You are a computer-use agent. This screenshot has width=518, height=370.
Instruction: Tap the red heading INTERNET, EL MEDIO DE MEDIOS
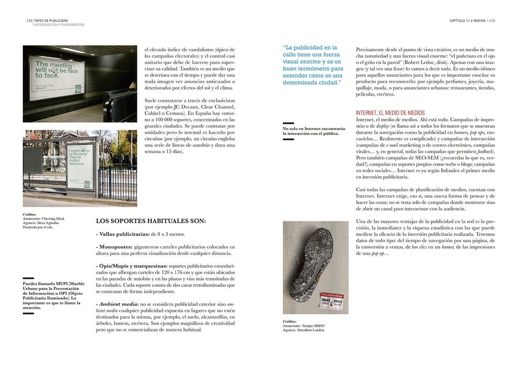coord(390,113)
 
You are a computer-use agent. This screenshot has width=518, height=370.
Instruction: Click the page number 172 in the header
coord(29,21)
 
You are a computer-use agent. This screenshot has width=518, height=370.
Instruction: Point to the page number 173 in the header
coord(492,21)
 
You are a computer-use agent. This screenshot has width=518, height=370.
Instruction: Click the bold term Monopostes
coord(115,247)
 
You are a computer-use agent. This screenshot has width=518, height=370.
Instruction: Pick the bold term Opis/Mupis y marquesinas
coord(132,265)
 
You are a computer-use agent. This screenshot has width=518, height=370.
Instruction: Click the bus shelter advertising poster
coord(82,165)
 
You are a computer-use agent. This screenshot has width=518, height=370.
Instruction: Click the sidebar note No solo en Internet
coord(313,131)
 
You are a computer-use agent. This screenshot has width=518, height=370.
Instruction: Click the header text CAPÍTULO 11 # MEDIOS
coord(467,21)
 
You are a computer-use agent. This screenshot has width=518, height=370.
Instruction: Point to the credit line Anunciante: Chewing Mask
coord(43,218)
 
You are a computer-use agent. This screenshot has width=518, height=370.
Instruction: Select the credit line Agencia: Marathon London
coord(303,330)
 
